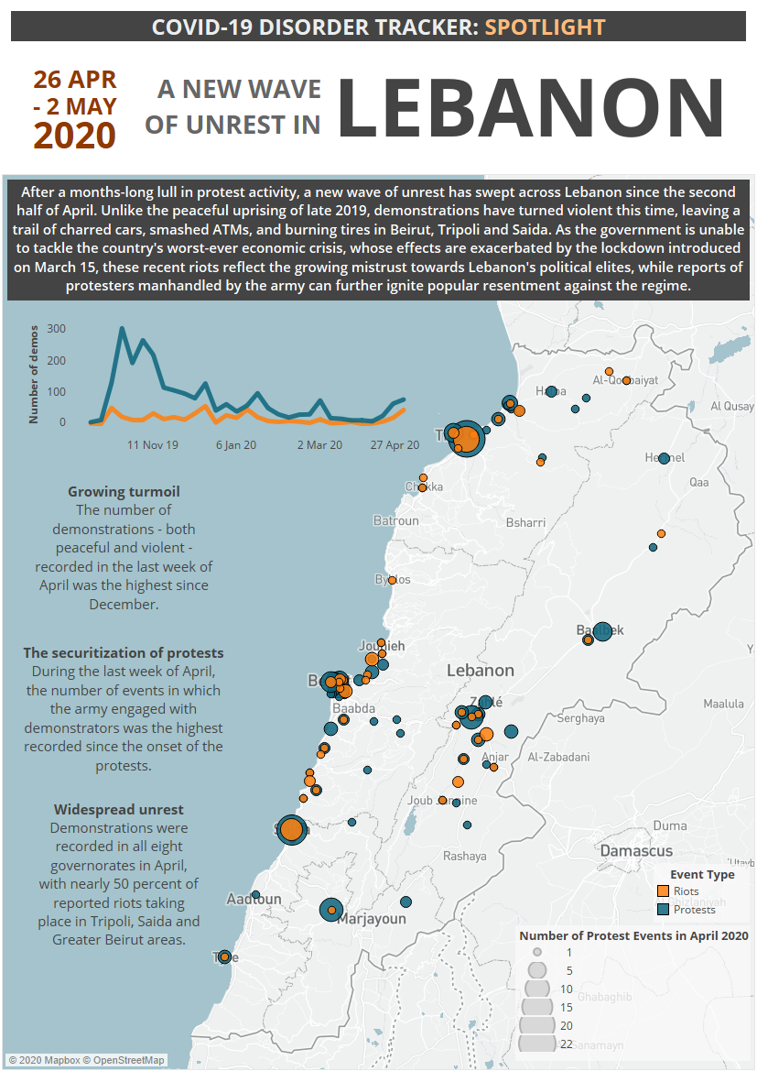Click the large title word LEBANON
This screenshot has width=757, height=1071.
(531, 108)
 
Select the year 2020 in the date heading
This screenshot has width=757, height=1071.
(74, 135)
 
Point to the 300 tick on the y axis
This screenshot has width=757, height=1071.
(56, 328)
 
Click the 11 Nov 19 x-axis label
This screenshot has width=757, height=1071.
(153, 444)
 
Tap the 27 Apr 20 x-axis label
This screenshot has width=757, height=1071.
(395, 444)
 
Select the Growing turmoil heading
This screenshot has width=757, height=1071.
(124, 492)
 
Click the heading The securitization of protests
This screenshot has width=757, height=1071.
(124, 653)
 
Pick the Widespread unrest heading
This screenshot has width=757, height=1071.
(118, 810)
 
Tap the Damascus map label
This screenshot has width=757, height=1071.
(636, 851)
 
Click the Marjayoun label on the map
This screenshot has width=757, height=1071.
(371, 919)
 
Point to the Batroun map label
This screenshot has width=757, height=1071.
(395, 521)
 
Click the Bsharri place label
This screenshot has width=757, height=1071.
(525, 523)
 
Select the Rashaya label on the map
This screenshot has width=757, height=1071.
(465, 857)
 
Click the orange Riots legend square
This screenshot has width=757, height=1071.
(664, 891)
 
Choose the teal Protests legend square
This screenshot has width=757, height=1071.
(664, 910)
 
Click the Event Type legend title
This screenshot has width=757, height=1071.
(701, 874)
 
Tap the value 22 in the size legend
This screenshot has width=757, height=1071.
(567, 1043)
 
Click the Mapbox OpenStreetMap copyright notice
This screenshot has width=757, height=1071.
(87, 1060)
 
